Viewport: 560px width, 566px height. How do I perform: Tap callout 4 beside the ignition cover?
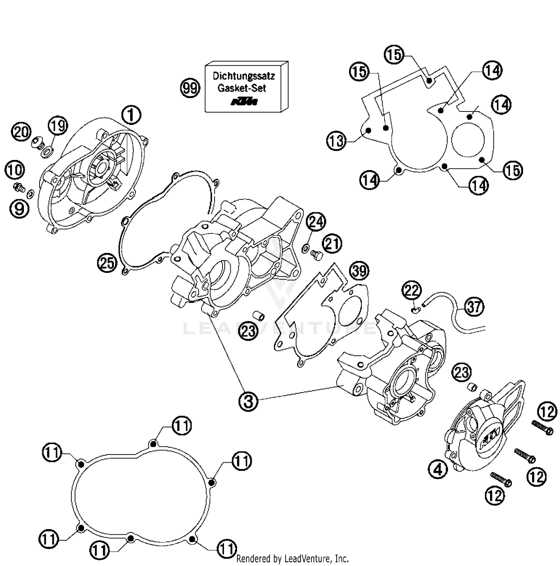point(438,469)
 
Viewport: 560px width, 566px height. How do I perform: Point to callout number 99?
point(190,88)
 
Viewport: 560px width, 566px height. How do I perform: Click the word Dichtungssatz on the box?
point(243,76)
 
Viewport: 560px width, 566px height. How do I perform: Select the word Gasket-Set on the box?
point(242,88)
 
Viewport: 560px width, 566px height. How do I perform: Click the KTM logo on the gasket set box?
point(244,101)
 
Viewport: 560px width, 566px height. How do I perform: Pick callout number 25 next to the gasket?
point(107,263)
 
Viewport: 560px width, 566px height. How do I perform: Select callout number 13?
point(336,141)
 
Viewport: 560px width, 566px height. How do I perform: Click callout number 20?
point(21,132)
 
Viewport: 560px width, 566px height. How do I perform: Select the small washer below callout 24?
point(305,247)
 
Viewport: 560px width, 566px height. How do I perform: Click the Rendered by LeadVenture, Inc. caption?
point(292,559)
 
